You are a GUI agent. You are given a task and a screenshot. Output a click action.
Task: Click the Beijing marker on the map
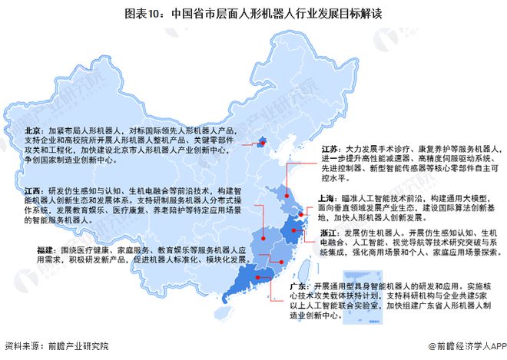[262, 141]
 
